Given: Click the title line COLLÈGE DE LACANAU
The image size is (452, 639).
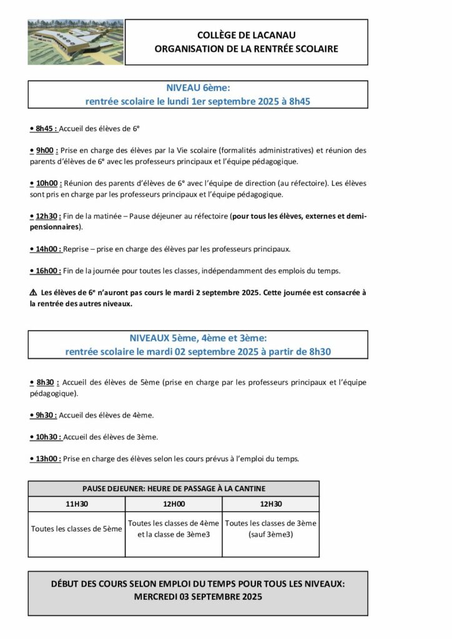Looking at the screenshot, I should coord(247,36).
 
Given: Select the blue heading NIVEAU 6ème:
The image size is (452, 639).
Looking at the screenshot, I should coord(198,89).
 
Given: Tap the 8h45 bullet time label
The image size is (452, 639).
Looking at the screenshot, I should coord(44,128).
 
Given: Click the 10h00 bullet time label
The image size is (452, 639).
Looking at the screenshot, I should coord(46,183).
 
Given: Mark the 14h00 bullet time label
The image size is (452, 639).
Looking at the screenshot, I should coord(46,249).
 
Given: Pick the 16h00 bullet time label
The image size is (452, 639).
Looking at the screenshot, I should coord(46,271).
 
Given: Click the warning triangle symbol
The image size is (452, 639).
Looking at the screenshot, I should coord(33,293).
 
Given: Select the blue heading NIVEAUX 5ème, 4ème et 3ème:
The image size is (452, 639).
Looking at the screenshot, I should coord(198,338).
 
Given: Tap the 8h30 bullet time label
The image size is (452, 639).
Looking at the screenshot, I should coord(44,382).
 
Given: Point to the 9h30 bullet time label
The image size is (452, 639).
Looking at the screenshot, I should coord(44,414).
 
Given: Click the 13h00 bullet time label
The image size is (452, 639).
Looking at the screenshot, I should coord(46,458).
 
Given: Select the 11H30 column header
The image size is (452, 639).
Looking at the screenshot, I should coord(77,504).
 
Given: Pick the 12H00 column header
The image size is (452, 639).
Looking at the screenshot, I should coord(174,504).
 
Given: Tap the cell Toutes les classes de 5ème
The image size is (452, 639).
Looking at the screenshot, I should coord(77,529).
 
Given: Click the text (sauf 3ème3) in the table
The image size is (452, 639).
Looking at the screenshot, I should coord(270,535).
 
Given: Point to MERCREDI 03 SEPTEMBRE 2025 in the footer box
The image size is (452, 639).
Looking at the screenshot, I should coord(198,597).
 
